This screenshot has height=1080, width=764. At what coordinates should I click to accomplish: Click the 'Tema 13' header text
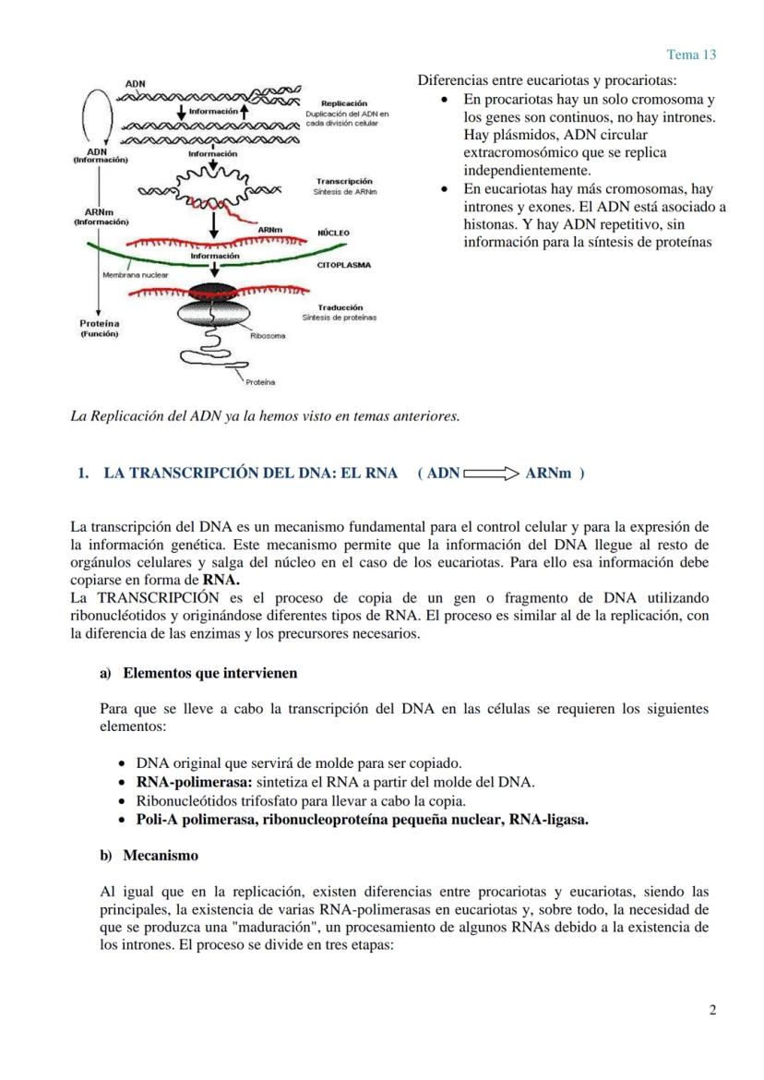coord(691,54)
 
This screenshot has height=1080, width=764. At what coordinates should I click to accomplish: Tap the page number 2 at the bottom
coord(712,1010)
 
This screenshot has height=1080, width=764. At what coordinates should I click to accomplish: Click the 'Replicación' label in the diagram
coord(343,103)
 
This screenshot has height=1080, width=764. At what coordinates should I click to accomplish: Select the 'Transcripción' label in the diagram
coord(344,181)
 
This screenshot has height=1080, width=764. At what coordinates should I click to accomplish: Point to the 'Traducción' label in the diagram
coord(340,307)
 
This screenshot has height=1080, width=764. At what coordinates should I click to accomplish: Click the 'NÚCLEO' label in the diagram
coord(333,234)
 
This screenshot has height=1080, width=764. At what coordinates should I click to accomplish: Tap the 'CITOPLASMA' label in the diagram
coord(343,266)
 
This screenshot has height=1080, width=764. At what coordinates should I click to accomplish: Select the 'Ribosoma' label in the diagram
coord(268,336)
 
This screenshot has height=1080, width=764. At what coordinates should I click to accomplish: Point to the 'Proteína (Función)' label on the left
coord(100,329)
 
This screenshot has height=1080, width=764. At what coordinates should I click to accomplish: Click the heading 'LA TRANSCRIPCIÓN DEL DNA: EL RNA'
coord(250,474)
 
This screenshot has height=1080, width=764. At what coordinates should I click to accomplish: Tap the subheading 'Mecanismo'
coord(160,856)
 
